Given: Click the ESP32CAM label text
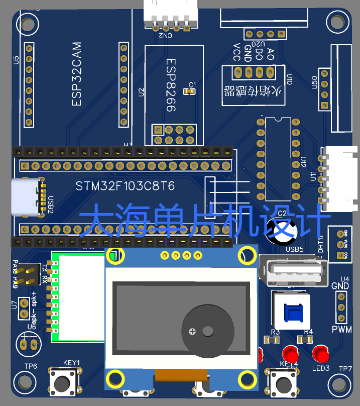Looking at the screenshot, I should point(76,74).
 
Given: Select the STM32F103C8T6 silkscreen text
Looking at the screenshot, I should point(125,186).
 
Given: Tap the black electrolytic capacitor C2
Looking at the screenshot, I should point(282,229).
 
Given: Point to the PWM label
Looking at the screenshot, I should point(342,330).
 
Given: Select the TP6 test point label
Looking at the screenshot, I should point(31,366).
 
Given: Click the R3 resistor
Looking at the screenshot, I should point(271,340).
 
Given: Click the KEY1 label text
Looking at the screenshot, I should point(71,363).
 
